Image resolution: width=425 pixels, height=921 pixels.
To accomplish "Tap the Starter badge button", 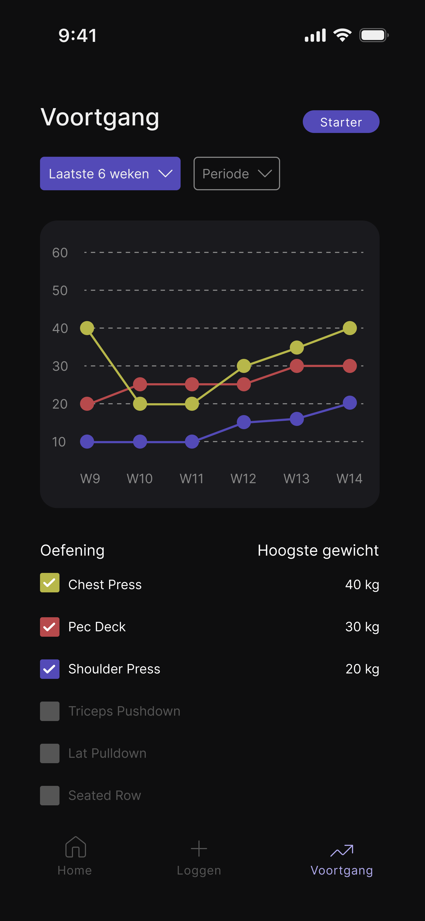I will (341, 122).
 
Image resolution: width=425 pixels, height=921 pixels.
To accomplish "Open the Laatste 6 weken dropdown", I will (110, 174).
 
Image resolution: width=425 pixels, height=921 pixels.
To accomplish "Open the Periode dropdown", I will (237, 174).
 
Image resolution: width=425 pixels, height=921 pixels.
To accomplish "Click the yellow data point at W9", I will (87, 328).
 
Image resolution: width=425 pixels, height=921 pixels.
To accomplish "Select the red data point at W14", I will (350, 366).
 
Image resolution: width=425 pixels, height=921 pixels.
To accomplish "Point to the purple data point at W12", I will (244, 422).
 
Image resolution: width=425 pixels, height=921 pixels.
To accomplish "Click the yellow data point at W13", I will (297, 347).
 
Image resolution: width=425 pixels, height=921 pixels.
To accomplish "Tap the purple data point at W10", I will (140, 442).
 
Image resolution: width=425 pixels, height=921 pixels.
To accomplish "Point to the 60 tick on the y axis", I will (60, 253).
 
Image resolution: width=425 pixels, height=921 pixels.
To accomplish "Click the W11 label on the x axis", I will (191, 478).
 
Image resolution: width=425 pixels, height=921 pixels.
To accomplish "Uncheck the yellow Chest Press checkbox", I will (50, 583).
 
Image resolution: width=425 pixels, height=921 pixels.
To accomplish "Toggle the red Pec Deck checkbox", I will (50, 627).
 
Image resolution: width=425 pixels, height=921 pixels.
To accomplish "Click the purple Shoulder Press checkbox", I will (50, 669).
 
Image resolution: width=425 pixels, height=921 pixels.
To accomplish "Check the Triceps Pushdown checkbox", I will (50, 711).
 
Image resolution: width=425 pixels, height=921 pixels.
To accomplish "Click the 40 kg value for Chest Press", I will (362, 585).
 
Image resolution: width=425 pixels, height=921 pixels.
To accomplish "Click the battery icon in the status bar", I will (373, 35).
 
